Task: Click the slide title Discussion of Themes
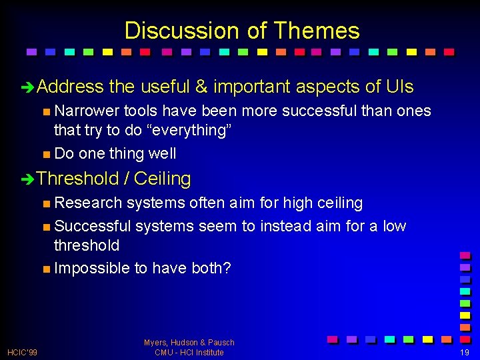point(241,31)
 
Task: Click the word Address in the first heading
point(71,87)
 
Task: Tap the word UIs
point(399,87)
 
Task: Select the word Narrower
point(87,111)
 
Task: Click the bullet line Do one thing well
point(115,153)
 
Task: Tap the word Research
point(88,203)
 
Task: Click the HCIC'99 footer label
point(22,352)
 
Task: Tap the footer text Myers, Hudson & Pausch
point(189,343)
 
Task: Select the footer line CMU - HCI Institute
point(189,352)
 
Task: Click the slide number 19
point(464,352)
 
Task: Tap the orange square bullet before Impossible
point(45,269)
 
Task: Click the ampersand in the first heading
point(201,87)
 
